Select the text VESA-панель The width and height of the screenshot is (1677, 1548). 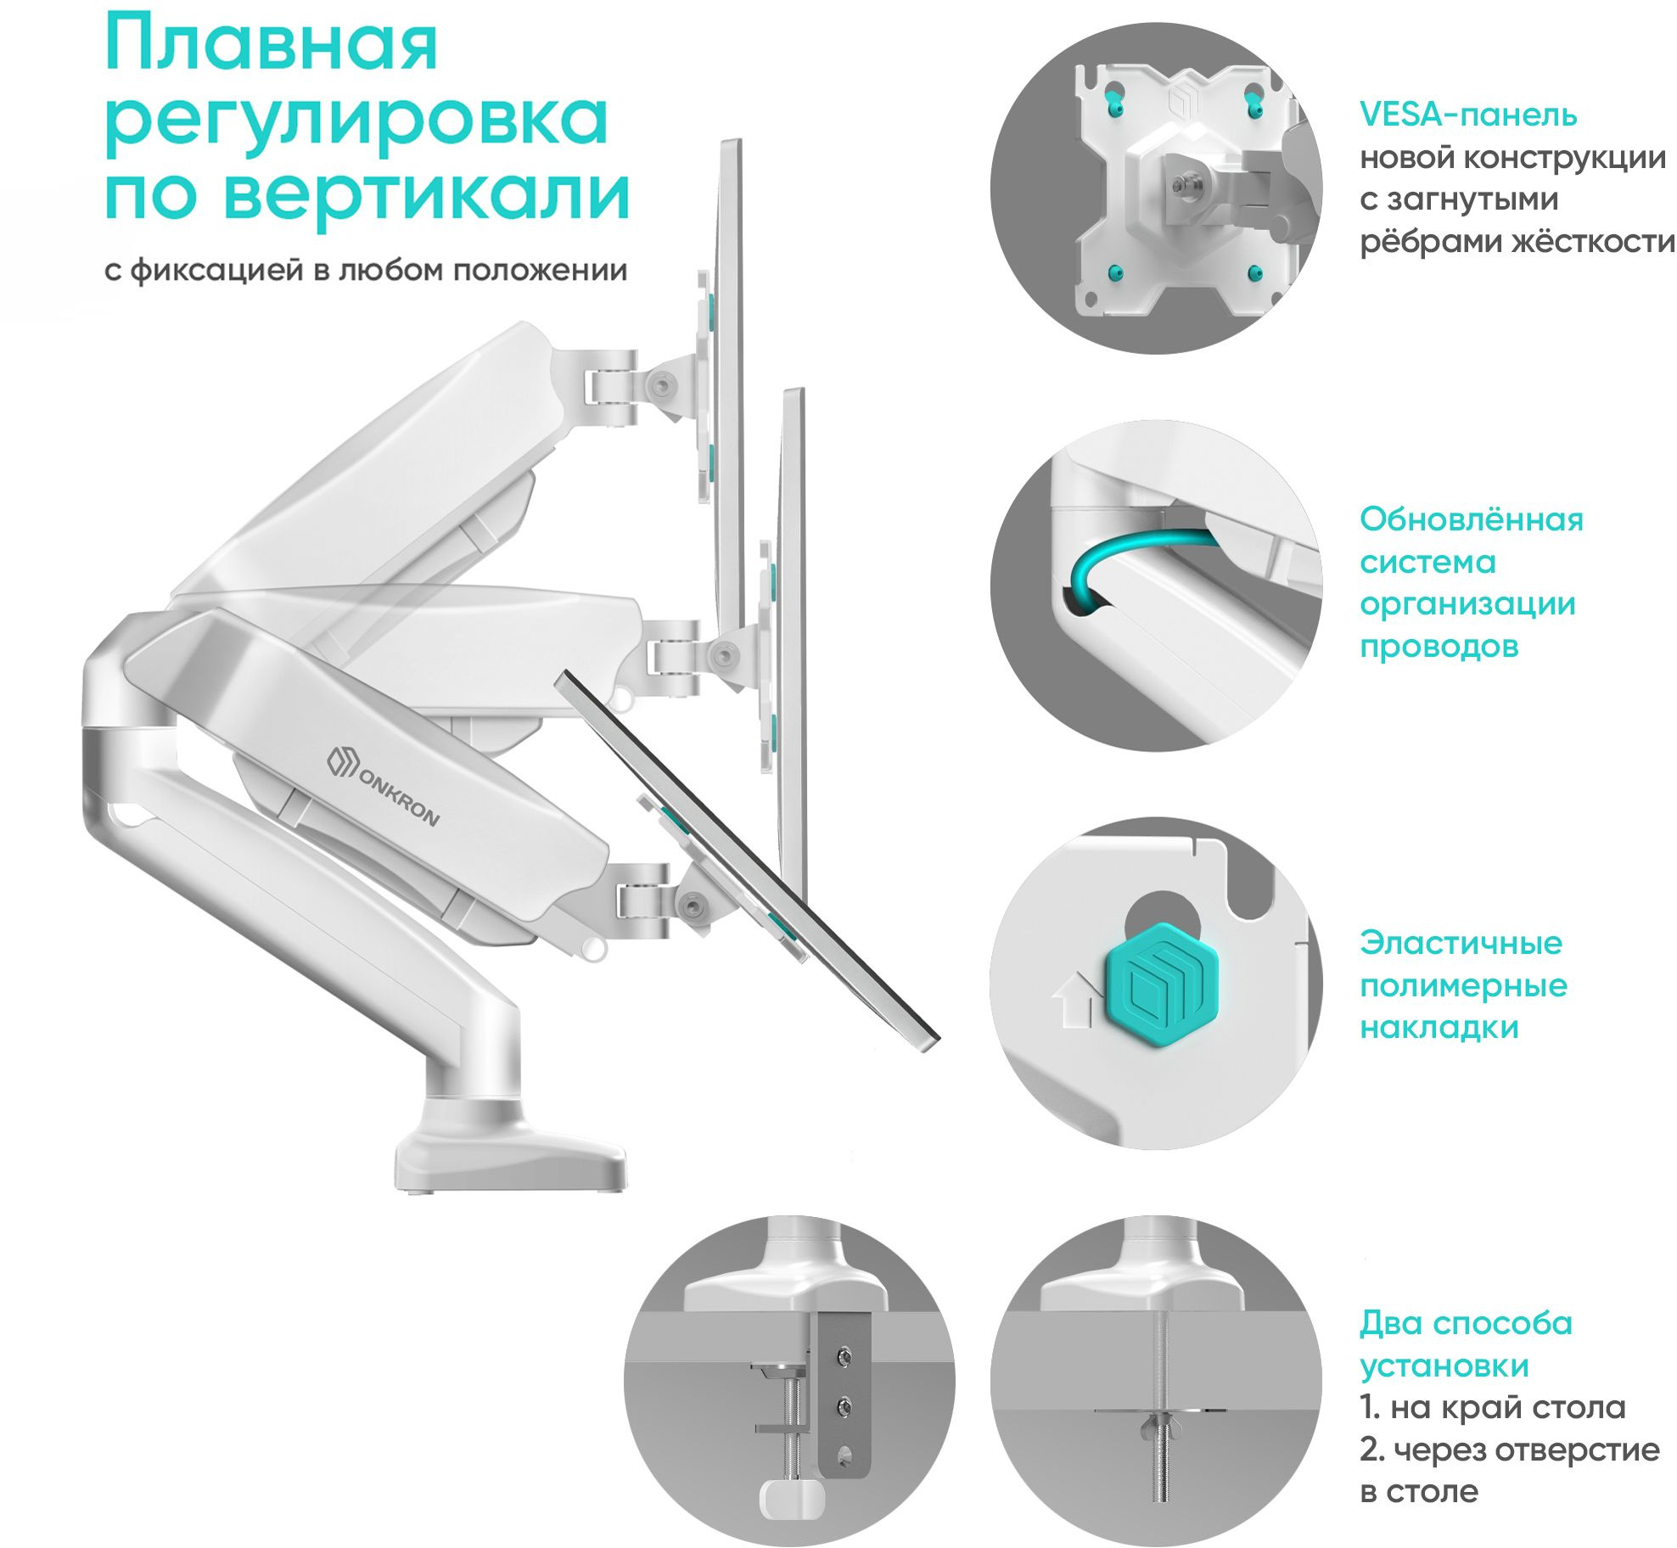(x=1467, y=115)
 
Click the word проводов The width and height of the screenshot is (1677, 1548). (x=1439, y=647)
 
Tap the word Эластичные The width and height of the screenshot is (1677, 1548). (x=1461, y=943)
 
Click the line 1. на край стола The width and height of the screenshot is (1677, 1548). (x=1492, y=1407)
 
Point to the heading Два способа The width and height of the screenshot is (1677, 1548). (x=1466, y=1323)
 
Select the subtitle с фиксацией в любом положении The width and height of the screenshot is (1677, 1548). (x=366, y=271)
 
